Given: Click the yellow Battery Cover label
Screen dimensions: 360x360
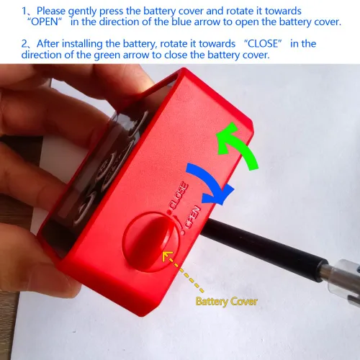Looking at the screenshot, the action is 227,302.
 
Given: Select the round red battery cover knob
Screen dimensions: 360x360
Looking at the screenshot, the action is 150,243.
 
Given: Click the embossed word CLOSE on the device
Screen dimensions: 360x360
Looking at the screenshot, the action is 178,196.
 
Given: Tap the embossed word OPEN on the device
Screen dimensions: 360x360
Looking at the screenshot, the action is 193,217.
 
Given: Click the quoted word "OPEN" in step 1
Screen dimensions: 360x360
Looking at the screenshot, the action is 45,22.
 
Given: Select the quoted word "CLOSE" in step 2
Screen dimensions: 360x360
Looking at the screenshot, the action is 264,44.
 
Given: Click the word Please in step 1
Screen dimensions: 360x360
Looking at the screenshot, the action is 51,11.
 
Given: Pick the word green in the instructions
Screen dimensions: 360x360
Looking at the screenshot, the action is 107,55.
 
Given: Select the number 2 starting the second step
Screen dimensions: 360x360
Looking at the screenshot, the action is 24,44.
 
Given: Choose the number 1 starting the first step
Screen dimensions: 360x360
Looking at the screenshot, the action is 24,11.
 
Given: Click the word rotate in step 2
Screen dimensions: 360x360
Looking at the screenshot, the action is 174,44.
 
